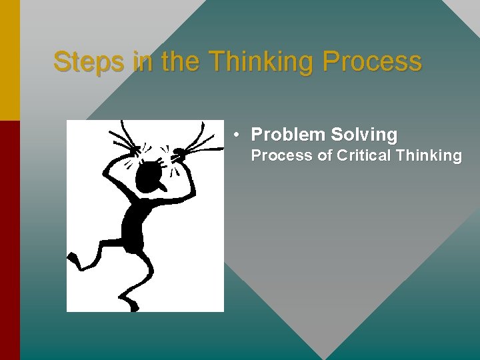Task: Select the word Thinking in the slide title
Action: (263, 62)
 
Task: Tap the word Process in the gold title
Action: (372, 62)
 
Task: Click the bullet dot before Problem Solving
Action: (237, 135)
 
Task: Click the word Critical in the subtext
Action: (364, 156)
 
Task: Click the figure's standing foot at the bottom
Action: (133, 306)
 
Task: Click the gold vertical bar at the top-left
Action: (9, 60)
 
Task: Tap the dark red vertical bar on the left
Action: (9, 240)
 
